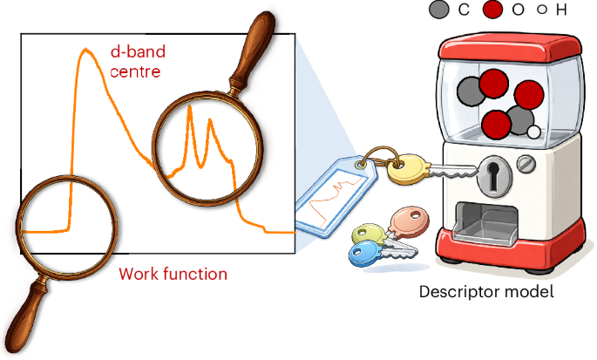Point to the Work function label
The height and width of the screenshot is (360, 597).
click(173, 275)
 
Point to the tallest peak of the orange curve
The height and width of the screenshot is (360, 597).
click(85, 52)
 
